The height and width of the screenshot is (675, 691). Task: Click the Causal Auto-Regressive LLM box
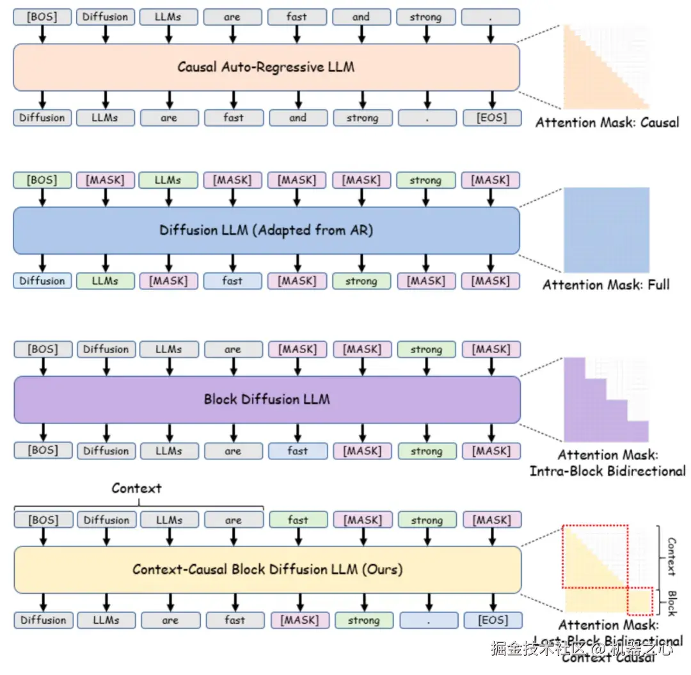point(266,67)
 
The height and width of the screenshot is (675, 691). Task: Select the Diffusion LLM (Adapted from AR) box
point(266,230)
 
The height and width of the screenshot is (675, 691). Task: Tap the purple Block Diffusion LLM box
point(267,400)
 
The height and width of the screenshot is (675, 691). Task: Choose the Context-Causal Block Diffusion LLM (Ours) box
point(267,569)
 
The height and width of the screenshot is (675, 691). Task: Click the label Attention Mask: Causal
point(607,122)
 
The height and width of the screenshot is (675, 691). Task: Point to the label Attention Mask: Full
point(606,284)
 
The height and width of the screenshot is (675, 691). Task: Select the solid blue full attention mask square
point(606,230)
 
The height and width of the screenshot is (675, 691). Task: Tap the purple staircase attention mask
point(595,409)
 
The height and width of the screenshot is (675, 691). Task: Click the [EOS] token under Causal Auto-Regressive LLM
point(491,118)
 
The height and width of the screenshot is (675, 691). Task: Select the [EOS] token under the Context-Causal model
point(493,620)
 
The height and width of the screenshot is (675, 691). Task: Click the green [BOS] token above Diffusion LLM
point(42,180)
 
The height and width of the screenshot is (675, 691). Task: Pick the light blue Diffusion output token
point(42,281)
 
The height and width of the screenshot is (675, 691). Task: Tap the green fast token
point(298,520)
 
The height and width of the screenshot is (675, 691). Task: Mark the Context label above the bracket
point(136,488)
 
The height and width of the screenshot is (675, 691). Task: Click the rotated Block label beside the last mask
point(671,603)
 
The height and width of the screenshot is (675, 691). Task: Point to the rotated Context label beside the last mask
point(671,557)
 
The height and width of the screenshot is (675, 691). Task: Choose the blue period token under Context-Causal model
point(429,620)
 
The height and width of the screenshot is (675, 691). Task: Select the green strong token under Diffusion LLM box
point(362,281)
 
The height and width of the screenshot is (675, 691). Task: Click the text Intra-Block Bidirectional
point(607,472)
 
